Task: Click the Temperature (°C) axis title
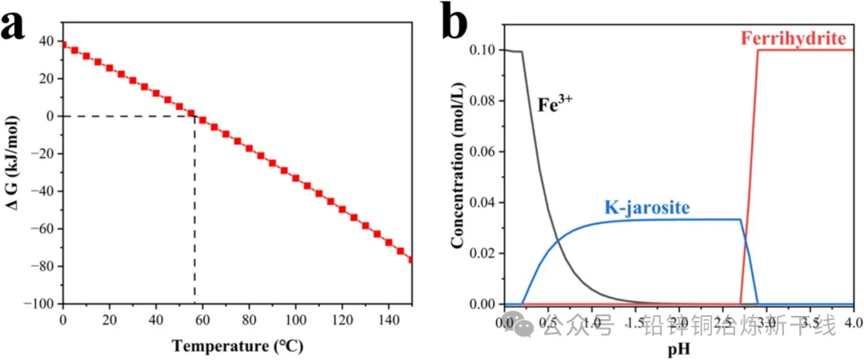coord(236,346)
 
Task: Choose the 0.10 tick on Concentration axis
coord(481,50)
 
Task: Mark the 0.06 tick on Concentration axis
coord(481,151)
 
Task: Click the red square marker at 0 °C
coord(63,45)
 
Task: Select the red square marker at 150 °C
coord(411,259)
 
